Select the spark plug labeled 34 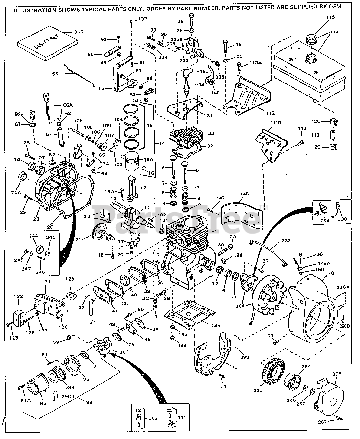(187, 84)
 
